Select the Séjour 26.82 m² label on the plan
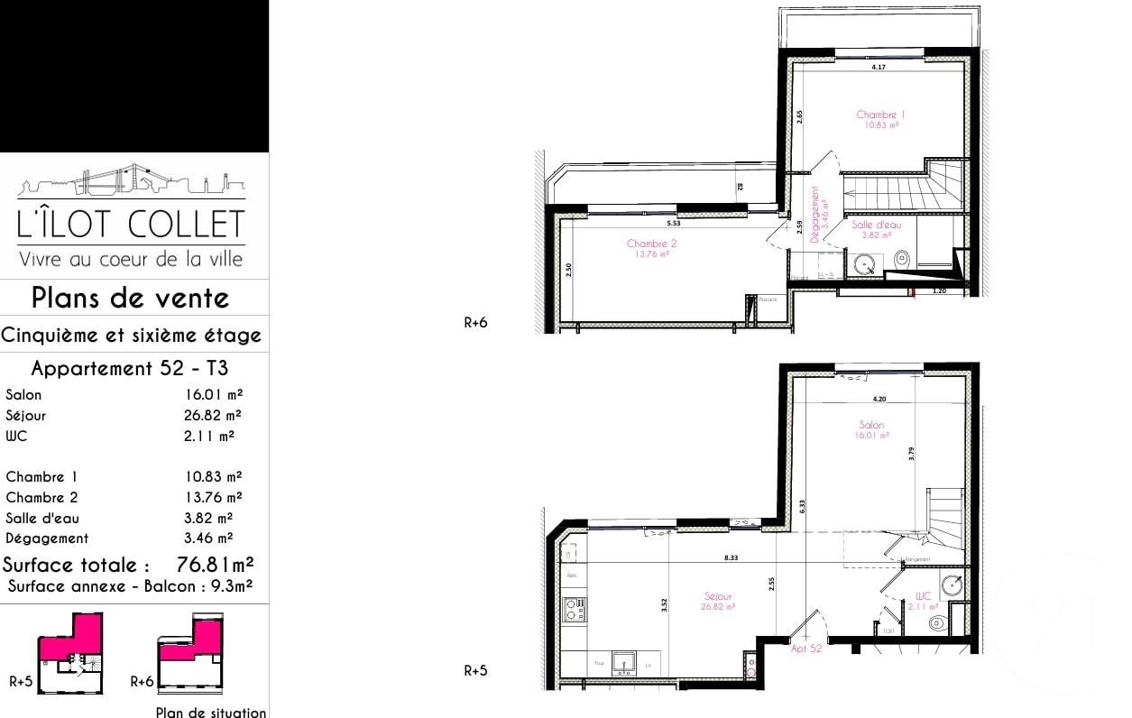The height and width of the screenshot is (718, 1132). point(719,601)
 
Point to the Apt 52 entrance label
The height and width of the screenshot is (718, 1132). point(806,649)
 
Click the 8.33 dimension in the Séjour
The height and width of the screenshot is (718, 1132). point(731,558)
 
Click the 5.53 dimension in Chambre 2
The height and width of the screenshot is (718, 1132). point(673,223)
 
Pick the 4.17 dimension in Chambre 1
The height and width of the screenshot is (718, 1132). point(877,68)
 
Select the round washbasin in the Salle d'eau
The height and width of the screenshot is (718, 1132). point(866,265)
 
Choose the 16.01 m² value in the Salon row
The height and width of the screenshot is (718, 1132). point(213,394)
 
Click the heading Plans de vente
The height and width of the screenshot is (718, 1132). point(131,298)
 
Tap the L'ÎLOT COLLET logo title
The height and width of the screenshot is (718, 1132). point(132,225)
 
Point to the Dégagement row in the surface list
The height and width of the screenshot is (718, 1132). point(47,538)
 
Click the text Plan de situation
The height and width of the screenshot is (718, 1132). point(211,712)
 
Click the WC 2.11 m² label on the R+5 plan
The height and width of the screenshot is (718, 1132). point(922,601)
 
